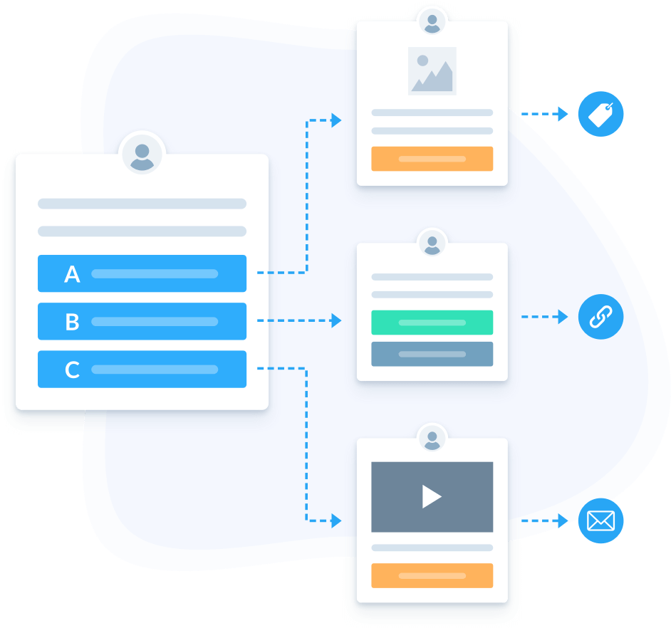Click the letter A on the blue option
tap(72, 274)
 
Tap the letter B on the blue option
tap(72, 322)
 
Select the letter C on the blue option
tap(72, 370)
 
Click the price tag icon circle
tap(600, 113)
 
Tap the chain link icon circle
tap(600, 316)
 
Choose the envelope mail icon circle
tap(600, 521)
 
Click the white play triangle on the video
tap(431, 496)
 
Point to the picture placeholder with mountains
tap(432, 70)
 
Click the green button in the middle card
tap(432, 323)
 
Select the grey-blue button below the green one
tap(432, 354)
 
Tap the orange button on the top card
tap(432, 159)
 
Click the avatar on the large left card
tap(142, 153)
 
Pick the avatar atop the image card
tap(432, 21)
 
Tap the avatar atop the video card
tap(432, 438)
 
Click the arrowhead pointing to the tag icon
tap(563, 113)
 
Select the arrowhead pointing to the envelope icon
tap(563, 521)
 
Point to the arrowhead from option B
tap(337, 321)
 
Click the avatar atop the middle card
tap(432, 243)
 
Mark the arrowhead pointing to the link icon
tap(563, 316)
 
